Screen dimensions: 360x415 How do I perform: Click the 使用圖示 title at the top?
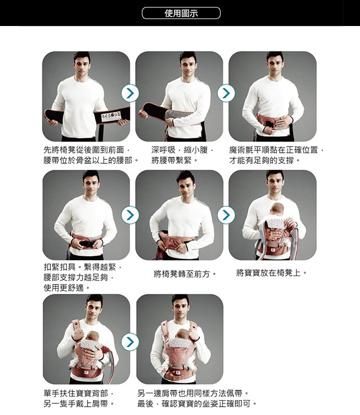[181, 13]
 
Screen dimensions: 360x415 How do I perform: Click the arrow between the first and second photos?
[130, 93]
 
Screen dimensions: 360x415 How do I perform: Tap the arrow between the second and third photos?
[226, 93]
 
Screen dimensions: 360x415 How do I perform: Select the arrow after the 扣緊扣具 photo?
[130, 215]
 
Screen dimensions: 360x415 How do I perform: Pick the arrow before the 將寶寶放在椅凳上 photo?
[226, 215]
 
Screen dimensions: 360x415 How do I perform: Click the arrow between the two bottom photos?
[130, 342]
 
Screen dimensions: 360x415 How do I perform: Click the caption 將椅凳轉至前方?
[185, 274]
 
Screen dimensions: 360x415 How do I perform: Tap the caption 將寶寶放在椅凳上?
[271, 273]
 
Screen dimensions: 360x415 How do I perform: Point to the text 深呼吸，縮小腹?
[183, 150]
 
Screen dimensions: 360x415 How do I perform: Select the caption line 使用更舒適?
[67, 288]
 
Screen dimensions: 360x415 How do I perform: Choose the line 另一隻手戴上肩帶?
[79, 404]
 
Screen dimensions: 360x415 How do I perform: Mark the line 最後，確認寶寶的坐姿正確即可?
[197, 404]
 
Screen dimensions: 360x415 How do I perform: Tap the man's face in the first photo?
[82, 65]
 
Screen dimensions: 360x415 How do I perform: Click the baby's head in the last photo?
[183, 334]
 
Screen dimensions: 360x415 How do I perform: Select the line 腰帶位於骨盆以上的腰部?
[91, 160]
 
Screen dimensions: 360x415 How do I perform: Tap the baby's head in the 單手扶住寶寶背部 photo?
[92, 336]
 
